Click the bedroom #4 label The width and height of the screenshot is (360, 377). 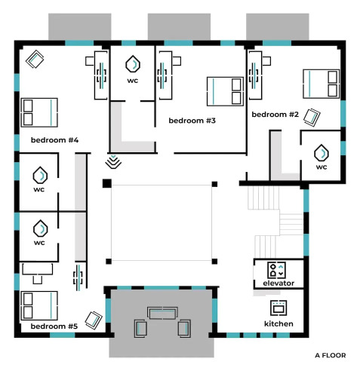(54, 140)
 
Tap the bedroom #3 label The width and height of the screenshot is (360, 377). (192, 121)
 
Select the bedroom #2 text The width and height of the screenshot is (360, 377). (275, 115)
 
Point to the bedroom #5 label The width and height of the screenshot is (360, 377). (54, 326)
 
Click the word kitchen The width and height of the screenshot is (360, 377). (278, 323)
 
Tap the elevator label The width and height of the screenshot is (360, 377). (278, 284)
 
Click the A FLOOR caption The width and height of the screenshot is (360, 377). (331, 355)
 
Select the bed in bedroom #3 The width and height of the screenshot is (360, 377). (225, 91)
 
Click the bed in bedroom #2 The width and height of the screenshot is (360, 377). (322, 84)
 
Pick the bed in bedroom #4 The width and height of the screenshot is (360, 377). (39, 112)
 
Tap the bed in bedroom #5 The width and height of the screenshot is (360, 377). (39, 305)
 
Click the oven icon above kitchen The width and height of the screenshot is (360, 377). (278, 308)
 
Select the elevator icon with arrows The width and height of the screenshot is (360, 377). (276, 270)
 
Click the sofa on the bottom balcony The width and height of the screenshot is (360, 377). (163, 313)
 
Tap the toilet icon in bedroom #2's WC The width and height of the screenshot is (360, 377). (322, 153)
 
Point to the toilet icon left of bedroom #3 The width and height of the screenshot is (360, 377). (133, 64)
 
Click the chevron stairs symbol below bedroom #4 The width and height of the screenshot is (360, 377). (113, 161)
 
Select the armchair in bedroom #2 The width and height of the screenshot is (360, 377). (312, 118)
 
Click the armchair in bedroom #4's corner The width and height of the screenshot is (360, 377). (35, 59)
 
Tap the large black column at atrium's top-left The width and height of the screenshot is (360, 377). (107, 183)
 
